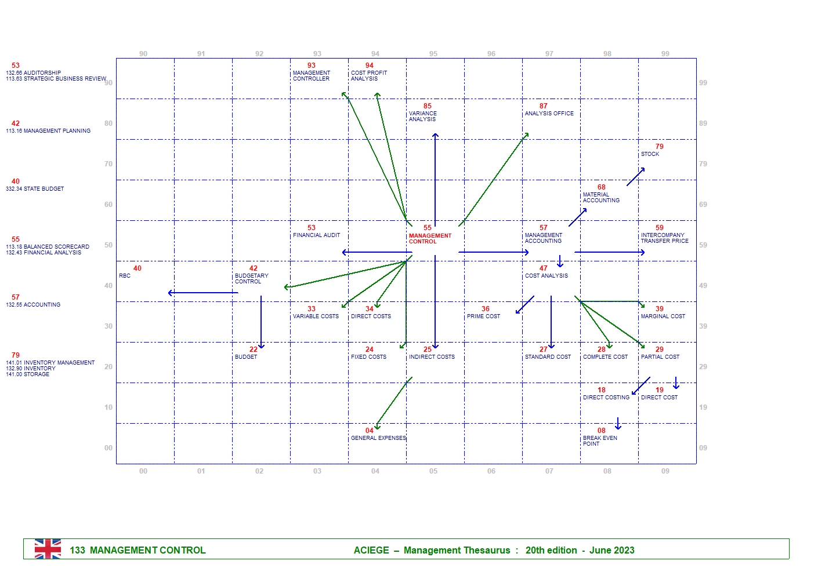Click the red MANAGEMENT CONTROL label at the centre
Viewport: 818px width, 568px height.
click(x=429, y=238)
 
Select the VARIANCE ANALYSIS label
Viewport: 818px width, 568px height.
click(x=422, y=116)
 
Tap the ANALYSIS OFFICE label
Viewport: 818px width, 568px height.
click(x=549, y=114)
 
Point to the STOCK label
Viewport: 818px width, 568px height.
click(x=650, y=154)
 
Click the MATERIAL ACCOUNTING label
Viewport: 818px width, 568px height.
click(x=600, y=198)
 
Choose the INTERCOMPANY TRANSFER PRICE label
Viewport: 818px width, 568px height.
click(x=664, y=238)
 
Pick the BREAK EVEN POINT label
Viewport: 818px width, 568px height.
click(x=599, y=441)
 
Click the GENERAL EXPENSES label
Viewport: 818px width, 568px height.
click(x=378, y=438)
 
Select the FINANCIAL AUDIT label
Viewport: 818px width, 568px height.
click(x=316, y=235)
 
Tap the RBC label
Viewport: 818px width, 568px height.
click(x=125, y=276)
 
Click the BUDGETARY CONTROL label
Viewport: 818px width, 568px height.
click(x=251, y=279)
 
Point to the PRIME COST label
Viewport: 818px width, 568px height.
click(x=483, y=316)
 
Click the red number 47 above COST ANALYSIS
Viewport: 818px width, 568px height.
click(x=543, y=268)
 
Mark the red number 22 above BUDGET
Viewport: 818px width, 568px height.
click(x=253, y=349)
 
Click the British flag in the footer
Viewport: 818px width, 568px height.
click(x=48, y=549)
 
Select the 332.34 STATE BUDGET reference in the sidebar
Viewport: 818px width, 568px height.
click(x=35, y=189)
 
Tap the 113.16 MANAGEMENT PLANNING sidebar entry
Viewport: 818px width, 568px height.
click(x=48, y=131)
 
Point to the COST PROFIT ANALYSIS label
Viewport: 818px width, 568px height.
click(x=368, y=76)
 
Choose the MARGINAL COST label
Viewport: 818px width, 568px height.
click(x=663, y=316)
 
